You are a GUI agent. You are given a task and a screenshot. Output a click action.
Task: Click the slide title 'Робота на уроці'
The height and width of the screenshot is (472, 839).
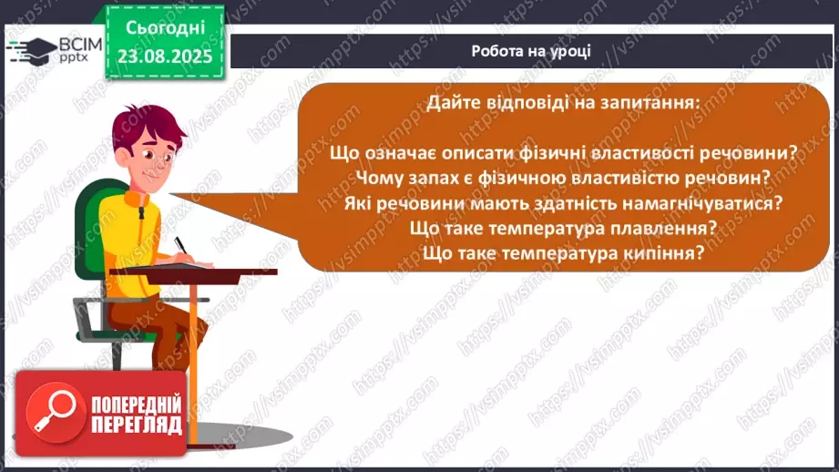(531, 51)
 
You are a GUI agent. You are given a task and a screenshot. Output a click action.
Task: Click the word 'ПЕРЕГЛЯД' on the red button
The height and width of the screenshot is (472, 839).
(136, 425)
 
